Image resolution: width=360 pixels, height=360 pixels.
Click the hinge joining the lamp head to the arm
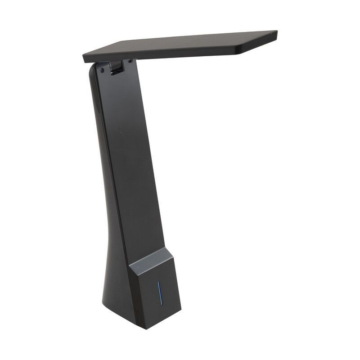116,68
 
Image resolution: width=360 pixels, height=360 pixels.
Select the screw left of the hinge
103,70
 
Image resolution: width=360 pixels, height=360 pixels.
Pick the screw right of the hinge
130,61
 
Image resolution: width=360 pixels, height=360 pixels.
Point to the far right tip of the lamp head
277,32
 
